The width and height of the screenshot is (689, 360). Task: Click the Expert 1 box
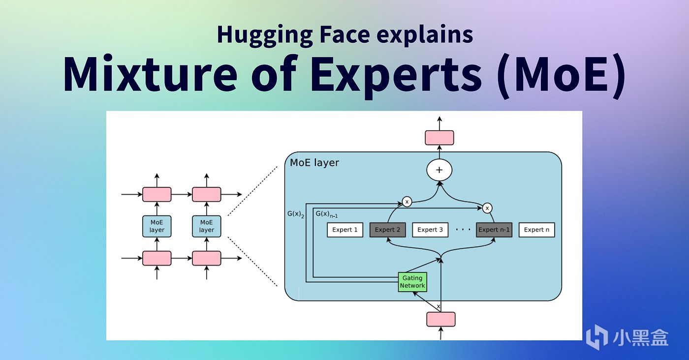[345, 230]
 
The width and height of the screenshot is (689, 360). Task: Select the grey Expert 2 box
[387, 230]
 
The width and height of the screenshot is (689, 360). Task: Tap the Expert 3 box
[430, 230]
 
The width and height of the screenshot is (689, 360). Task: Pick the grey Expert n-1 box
[494, 230]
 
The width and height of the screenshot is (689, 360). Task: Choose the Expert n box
[537, 230]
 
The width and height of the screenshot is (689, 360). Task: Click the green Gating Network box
[412, 282]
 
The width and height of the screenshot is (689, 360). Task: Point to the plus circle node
[439, 170]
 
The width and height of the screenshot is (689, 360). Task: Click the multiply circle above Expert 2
[407, 201]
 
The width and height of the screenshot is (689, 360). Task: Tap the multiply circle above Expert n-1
[487, 208]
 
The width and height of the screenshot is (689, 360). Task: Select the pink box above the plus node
[439, 138]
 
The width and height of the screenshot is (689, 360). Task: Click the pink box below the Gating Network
[440, 319]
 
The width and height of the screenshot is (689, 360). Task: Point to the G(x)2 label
[296, 214]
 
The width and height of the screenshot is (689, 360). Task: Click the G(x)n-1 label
[326, 214]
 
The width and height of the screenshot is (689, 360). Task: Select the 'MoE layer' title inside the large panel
[314, 163]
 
